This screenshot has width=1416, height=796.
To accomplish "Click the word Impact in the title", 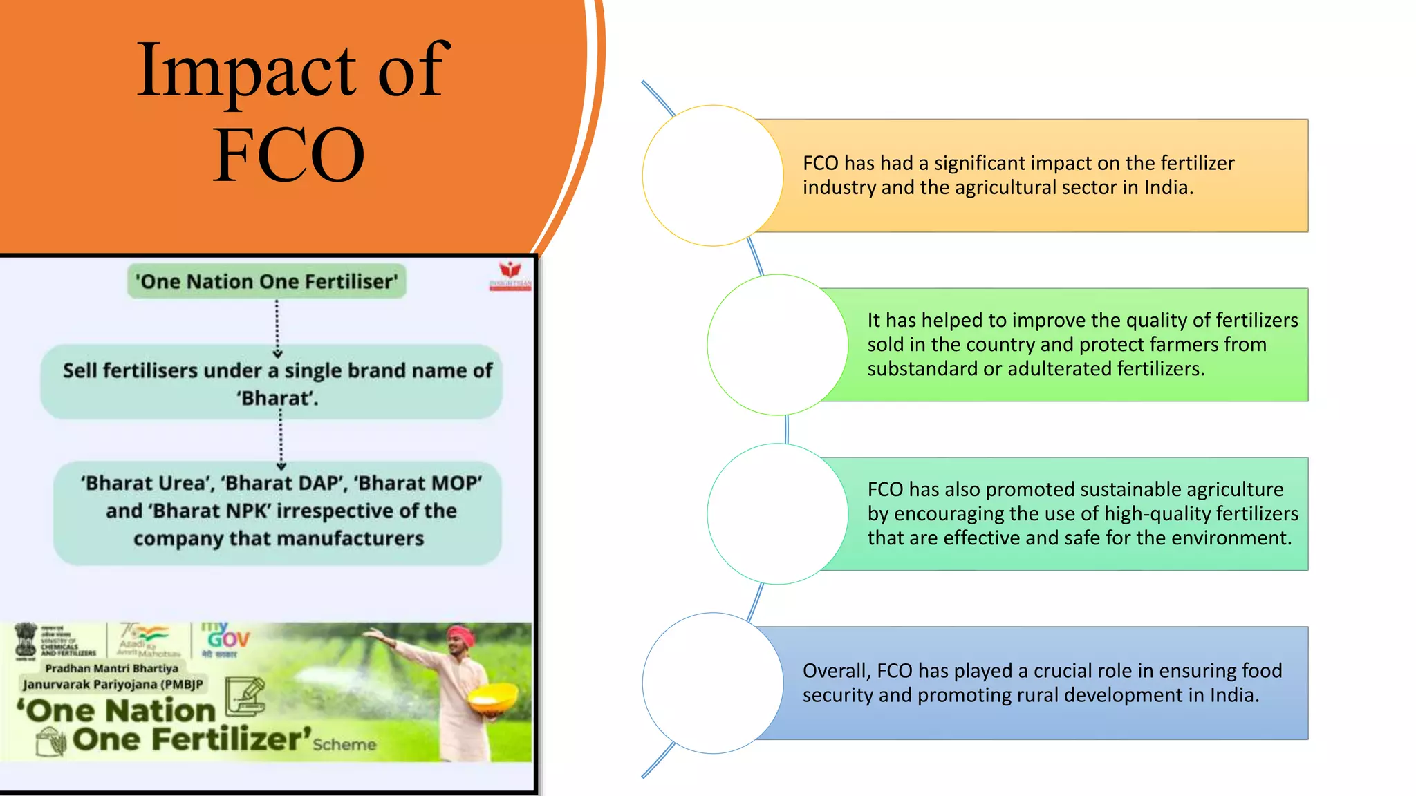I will (245, 70).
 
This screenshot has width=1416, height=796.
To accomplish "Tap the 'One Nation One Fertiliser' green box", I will (267, 281).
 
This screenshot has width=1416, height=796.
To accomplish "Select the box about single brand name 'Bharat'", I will (277, 383).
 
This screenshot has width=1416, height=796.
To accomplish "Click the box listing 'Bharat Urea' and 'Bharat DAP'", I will (279, 512).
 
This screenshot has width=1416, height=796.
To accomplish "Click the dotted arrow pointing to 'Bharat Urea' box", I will (281, 440).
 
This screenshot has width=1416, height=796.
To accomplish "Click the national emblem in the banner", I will (26, 640).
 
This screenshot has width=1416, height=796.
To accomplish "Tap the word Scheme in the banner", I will (344, 744).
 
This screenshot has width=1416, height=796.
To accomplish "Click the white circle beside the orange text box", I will (713, 176).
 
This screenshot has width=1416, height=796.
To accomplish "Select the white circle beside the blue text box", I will (713, 683).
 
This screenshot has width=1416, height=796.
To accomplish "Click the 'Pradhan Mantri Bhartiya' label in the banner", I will (112, 668).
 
